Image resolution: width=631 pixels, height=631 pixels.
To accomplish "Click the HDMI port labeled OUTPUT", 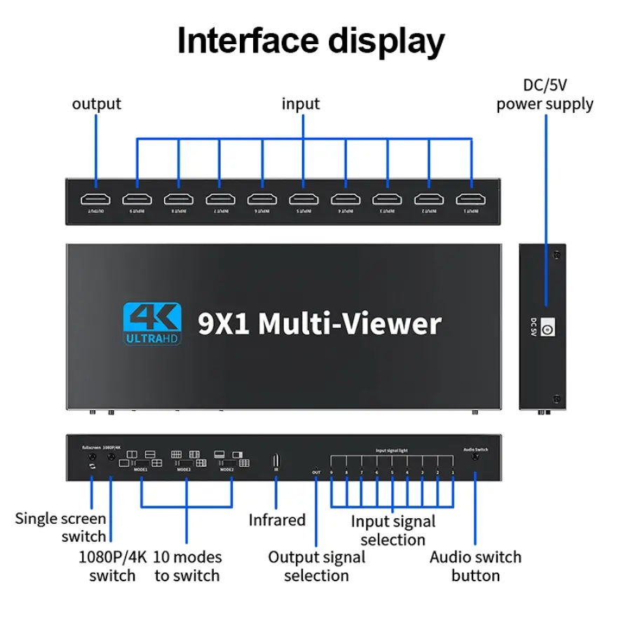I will (x=95, y=198).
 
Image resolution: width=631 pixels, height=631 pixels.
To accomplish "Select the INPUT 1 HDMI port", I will (x=470, y=198).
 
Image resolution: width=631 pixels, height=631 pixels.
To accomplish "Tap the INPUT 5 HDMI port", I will (x=304, y=198).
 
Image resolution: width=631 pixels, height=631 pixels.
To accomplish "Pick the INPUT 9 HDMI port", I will (x=137, y=198).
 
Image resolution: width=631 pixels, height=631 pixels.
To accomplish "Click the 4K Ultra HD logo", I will (x=152, y=323).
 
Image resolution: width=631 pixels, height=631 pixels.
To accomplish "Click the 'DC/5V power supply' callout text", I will (x=545, y=95).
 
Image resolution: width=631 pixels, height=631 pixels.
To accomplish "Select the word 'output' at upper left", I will (x=97, y=104).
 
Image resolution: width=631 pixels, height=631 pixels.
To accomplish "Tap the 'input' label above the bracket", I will (x=301, y=104).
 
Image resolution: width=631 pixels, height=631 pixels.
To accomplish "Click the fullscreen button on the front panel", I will (x=92, y=459).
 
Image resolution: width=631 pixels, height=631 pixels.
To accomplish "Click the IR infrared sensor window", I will (x=276, y=460).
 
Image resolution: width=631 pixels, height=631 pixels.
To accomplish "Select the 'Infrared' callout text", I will (x=278, y=520).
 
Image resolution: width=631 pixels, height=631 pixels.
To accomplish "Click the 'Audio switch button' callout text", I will (x=475, y=566).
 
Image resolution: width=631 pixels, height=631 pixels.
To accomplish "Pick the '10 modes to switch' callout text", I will (x=187, y=566).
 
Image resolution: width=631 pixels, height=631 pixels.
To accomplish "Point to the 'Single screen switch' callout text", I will (x=61, y=527).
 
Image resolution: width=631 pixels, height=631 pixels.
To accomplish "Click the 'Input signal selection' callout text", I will (x=393, y=530).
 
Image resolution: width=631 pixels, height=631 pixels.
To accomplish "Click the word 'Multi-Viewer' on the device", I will (x=350, y=324).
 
